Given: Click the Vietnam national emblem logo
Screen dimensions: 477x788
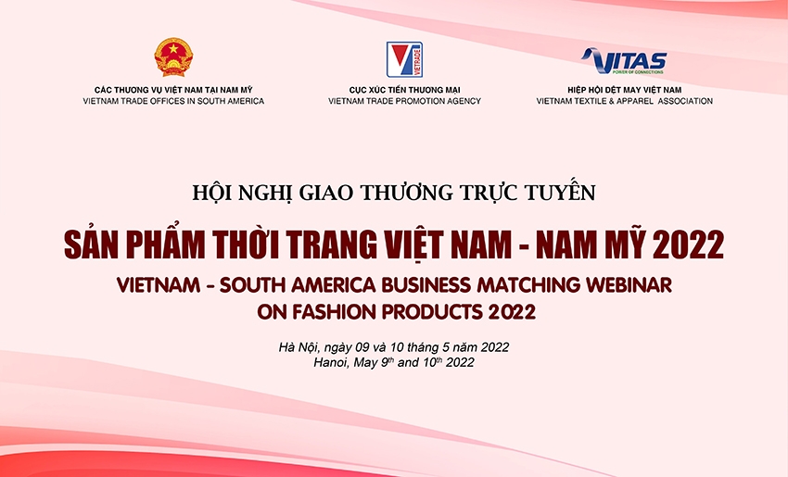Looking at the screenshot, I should (172, 57).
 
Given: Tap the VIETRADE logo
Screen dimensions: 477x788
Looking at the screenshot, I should (404, 59).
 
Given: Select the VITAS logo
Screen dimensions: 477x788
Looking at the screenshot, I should (624, 62).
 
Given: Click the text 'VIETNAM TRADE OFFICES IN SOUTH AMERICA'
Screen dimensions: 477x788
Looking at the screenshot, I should (173, 101).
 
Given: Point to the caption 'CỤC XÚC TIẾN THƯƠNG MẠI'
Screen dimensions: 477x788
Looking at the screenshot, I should (404, 89).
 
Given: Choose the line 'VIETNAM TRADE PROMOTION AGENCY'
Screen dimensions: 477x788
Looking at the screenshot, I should (404, 101).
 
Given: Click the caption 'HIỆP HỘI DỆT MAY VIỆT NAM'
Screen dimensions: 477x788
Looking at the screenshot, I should (623, 89).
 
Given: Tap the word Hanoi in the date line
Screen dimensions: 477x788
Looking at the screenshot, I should (335, 363).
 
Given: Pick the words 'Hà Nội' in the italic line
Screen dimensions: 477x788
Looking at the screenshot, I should (299, 347).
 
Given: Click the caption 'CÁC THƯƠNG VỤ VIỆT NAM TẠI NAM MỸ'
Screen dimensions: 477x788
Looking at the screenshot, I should (173, 89).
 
